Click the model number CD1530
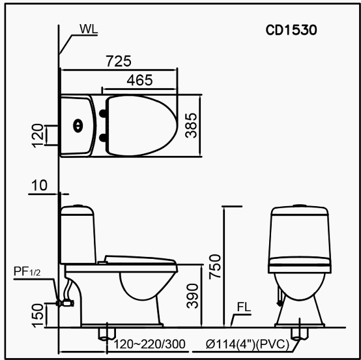(x=291, y=30)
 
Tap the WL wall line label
(x=89, y=29)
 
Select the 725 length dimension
(x=119, y=61)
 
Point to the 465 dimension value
(x=139, y=80)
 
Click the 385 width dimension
(x=192, y=125)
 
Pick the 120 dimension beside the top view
(x=38, y=136)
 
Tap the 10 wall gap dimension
(x=39, y=185)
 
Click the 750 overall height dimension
(x=215, y=267)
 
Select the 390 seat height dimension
(x=192, y=296)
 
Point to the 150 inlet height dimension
(x=38, y=315)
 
